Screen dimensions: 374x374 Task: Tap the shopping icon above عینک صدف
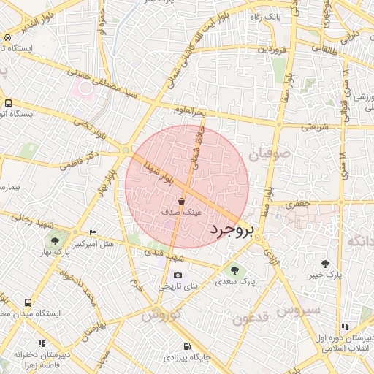pos(181,201)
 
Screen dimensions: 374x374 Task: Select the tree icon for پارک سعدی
pos(234,270)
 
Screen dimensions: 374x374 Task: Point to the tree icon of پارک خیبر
pos(325,264)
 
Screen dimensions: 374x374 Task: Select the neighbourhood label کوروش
pos(160,316)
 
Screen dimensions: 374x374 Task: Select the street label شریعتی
pos(305,126)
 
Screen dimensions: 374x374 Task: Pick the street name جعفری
pos(298,204)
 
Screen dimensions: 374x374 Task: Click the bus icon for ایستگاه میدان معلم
pos(28,302)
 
